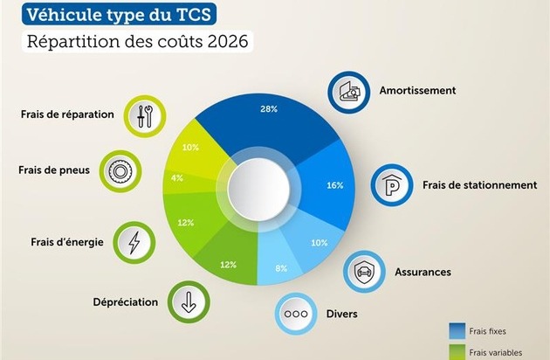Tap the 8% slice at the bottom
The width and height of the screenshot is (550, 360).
pos(281,266)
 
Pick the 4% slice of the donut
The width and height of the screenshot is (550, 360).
pos(178,178)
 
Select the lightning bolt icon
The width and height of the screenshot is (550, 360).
pos(134,241)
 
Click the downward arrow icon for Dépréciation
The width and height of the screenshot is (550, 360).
pos(187,302)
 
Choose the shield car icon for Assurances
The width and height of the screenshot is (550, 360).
pos(364,271)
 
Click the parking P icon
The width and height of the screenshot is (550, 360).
pos(391,185)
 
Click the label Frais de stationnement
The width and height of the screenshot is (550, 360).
pos(479,185)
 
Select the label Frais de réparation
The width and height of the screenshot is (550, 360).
pos(68,114)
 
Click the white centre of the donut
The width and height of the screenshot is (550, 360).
pos(258,185)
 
